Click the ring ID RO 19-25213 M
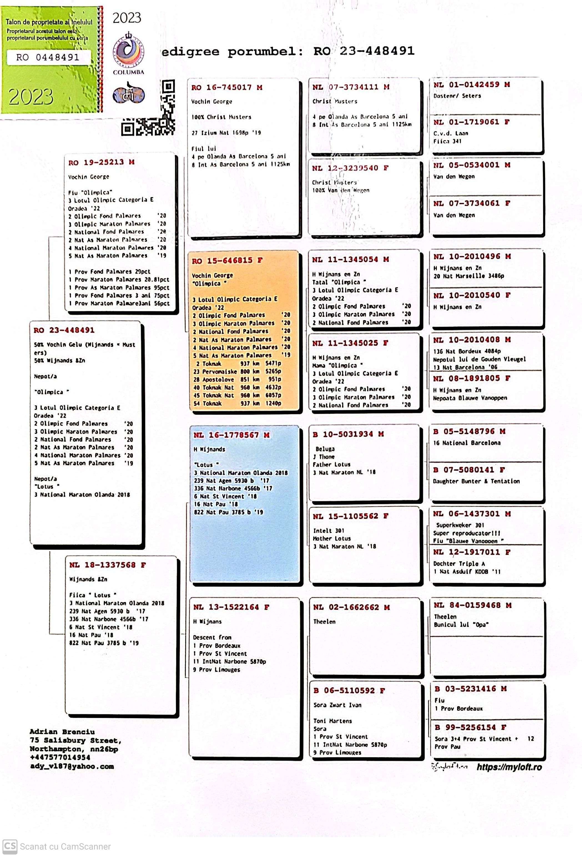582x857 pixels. point(101,162)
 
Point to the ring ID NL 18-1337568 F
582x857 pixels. point(107,565)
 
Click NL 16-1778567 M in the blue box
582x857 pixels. point(231,435)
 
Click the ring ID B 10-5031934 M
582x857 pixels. point(348,434)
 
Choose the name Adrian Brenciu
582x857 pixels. point(62,732)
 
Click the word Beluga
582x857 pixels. point(325,449)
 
